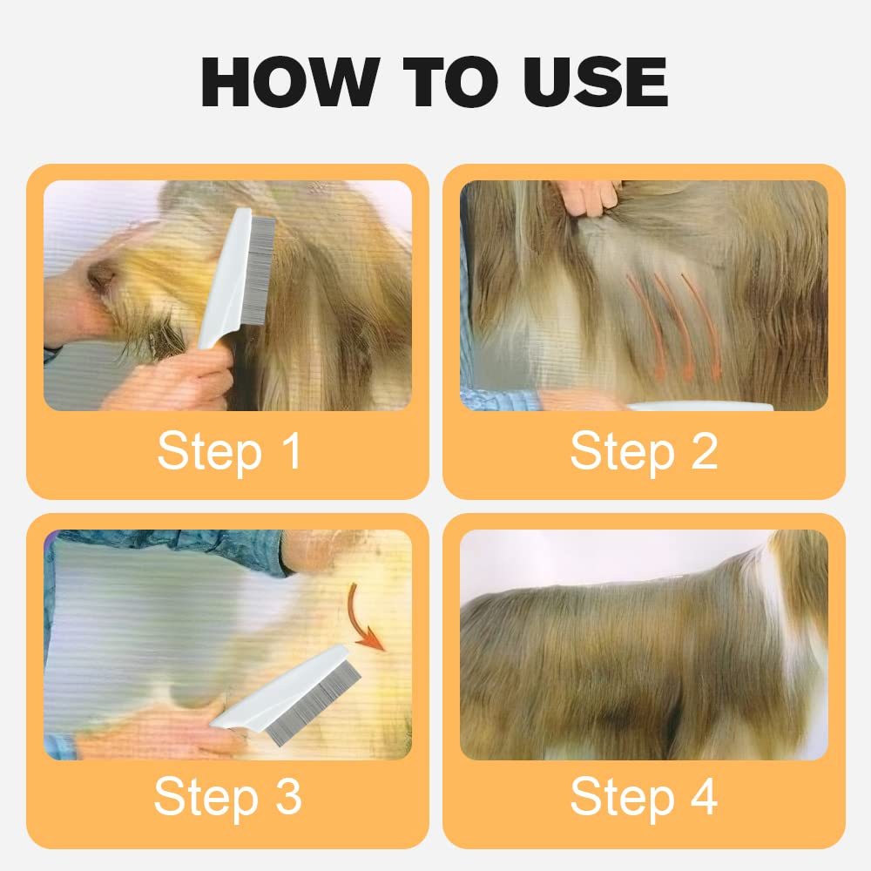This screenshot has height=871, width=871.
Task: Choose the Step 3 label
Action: click(228, 797)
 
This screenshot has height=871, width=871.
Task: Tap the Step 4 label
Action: click(643, 797)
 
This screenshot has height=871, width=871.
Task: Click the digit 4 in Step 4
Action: click(702, 797)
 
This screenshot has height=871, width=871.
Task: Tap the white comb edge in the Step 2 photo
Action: click(697, 406)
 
